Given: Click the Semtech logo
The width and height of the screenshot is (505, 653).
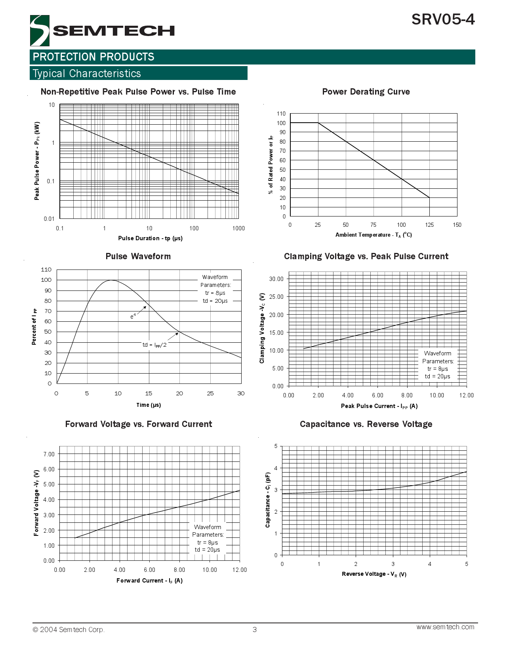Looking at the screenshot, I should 102,30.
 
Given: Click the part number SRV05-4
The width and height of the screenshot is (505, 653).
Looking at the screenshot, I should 443,19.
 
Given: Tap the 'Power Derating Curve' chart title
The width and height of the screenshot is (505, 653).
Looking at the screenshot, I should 366,92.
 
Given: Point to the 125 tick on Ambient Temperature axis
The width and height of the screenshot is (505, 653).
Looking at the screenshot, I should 429,225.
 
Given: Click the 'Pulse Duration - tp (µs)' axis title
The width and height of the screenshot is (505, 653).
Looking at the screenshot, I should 150,238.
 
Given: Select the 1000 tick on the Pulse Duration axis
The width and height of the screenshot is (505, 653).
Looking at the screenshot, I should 238,228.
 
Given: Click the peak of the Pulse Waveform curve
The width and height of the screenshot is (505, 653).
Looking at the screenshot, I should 112,280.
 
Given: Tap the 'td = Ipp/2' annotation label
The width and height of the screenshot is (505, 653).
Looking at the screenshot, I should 154,345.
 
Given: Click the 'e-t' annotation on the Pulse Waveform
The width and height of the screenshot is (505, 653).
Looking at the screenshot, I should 133,316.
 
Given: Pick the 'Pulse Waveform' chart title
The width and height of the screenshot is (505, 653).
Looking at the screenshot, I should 138,256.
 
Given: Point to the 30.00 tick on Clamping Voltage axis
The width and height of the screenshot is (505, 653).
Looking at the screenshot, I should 276,279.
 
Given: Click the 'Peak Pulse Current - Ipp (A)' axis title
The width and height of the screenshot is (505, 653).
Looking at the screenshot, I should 379,406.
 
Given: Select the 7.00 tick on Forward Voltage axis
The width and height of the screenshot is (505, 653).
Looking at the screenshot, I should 49,454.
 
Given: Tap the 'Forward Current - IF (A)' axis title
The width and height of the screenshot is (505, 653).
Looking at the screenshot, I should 149,581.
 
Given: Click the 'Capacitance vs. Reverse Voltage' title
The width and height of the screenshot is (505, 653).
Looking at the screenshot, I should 366,424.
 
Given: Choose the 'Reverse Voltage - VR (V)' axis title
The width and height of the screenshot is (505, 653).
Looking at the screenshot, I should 374,574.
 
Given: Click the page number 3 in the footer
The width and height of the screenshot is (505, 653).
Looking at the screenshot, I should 255,630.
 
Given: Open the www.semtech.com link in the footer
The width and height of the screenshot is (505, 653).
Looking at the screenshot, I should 445,627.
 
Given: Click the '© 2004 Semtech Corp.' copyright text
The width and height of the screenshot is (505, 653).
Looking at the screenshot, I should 69,630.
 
